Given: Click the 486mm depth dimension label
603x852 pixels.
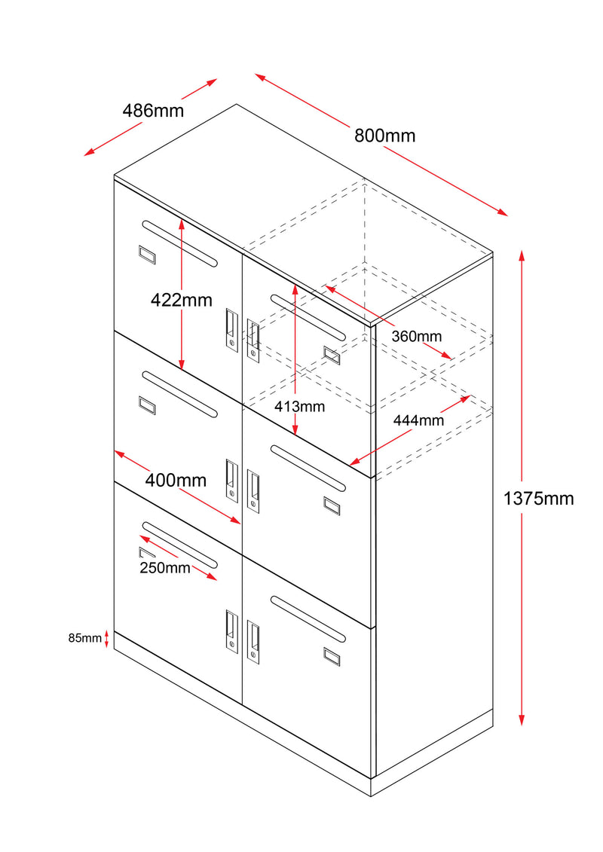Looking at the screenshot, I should (x=153, y=111).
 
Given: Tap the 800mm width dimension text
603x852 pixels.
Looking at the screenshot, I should (x=384, y=136).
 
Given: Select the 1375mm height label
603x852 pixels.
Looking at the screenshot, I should (x=538, y=498).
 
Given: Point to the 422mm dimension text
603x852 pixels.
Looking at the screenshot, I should (x=181, y=300).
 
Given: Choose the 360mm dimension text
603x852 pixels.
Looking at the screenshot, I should (x=416, y=337).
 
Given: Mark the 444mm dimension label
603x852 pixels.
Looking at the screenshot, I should (x=418, y=420).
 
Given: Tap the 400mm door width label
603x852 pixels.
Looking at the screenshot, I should (x=176, y=479).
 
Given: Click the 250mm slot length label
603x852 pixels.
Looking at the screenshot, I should (x=164, y=568).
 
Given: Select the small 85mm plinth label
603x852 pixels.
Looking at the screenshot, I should (x=84, y=638).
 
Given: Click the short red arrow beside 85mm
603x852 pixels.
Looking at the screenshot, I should (x=107, y=639).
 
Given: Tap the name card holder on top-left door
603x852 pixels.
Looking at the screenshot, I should (x=146, y=255).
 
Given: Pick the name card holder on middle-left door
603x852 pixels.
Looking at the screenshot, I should (x=146, y=405).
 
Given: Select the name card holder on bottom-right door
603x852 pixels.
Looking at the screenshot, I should (x=332, y=655).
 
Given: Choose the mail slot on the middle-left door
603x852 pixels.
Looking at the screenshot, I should (x=179, y=394).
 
